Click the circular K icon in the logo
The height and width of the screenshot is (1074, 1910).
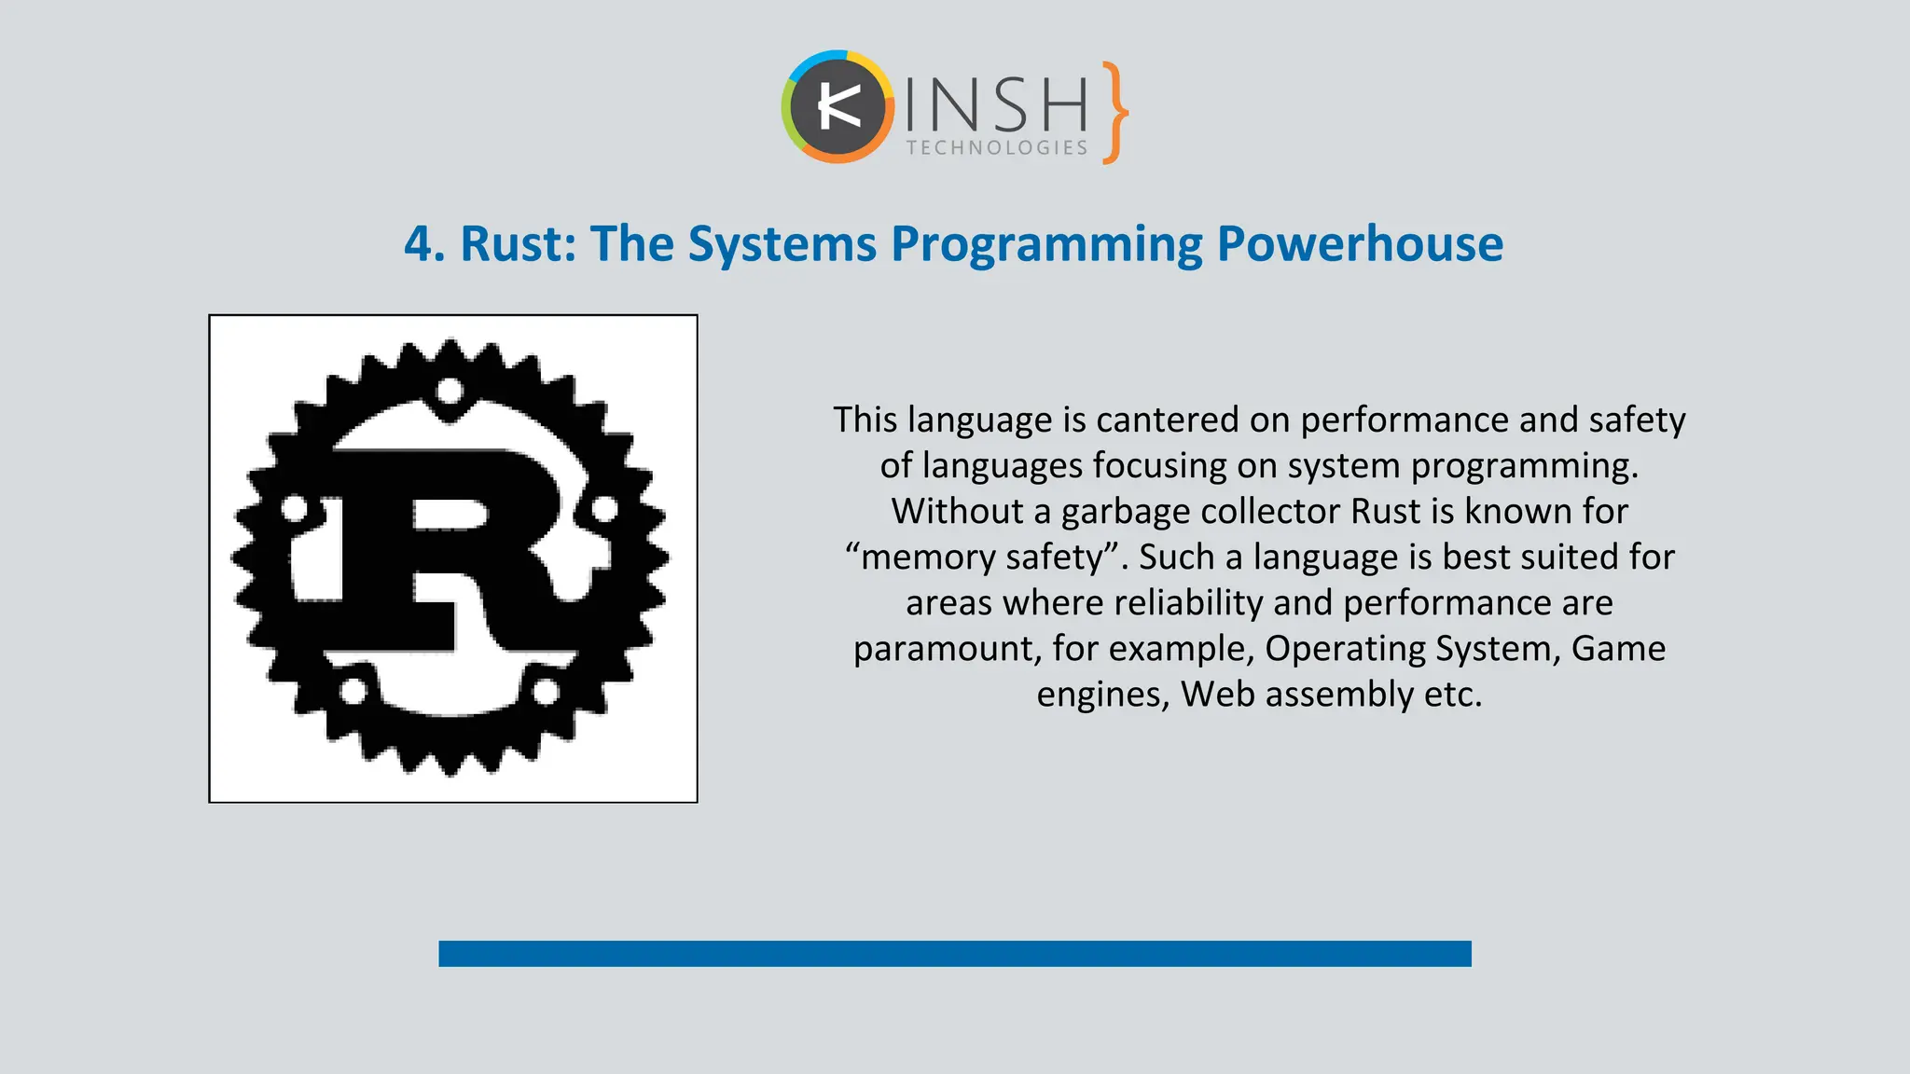click(x=837, y=107)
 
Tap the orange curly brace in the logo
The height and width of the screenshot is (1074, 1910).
click(x=1114, y=113)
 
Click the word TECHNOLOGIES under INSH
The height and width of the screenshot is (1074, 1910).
click(x=997, y=148)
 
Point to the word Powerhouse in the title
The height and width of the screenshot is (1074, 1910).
click(x=1360, y=244)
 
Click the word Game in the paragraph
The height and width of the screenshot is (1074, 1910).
click(x=1618, y=649)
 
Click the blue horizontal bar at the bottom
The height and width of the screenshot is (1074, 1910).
click(x=954, y=954)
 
